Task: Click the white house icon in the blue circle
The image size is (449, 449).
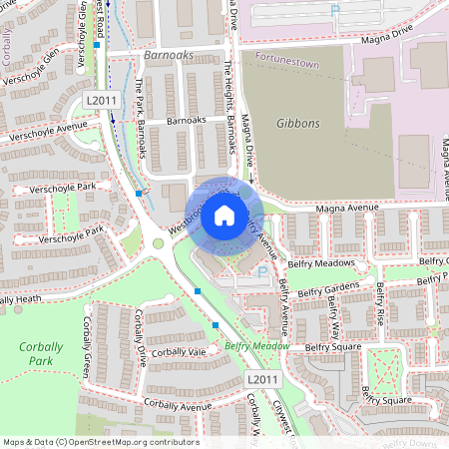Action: coord(224,215)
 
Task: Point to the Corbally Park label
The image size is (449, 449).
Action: coord(40,353)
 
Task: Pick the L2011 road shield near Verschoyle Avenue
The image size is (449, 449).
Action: coord(101,100)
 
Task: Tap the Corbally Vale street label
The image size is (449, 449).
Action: coord(180,352)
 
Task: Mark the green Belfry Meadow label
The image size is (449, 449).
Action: coord(256,346)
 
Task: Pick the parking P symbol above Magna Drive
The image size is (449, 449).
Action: coord(335,9)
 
